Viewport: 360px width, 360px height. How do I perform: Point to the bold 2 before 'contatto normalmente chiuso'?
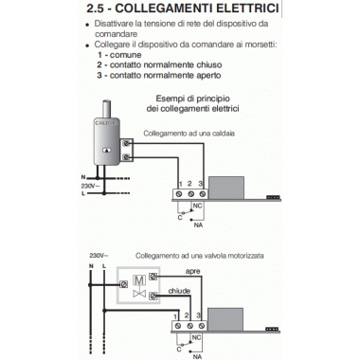click(99, 64)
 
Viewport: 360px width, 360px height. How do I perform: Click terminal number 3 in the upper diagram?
click(202, 182)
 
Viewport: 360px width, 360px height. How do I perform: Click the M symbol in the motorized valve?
click(139, 281)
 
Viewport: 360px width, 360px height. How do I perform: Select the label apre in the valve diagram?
click(192, 272)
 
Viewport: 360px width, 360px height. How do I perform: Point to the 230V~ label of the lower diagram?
click(99, 256)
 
